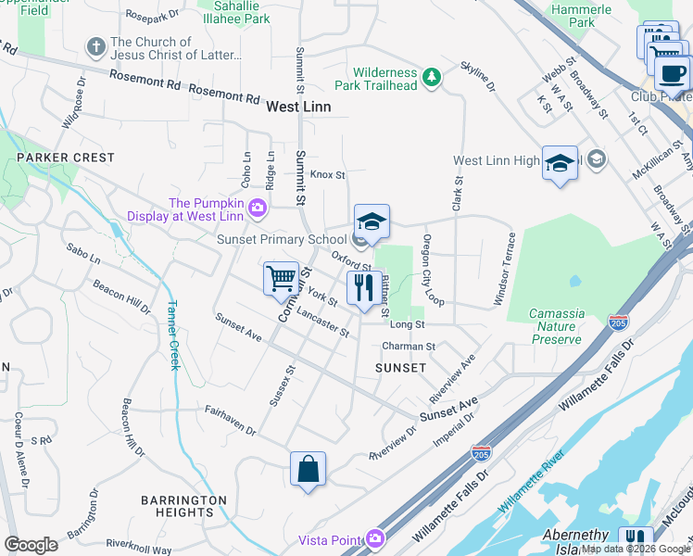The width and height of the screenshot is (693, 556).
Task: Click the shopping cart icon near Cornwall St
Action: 281,278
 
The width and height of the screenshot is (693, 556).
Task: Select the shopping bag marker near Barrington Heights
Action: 308,468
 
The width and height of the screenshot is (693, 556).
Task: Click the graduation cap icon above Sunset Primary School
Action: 372,221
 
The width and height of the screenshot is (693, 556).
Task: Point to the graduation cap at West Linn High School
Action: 560,163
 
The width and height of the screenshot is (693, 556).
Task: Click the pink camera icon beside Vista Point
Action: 374,537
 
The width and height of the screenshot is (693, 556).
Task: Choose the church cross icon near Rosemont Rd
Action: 94,46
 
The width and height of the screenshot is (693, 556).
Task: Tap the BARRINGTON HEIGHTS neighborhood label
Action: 183,506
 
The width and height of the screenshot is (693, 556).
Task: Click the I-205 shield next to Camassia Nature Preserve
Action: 618,322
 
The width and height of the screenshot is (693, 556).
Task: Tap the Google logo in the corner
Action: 31,545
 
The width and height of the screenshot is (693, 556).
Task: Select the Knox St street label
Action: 327,174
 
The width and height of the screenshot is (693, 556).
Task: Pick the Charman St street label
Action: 409,346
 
